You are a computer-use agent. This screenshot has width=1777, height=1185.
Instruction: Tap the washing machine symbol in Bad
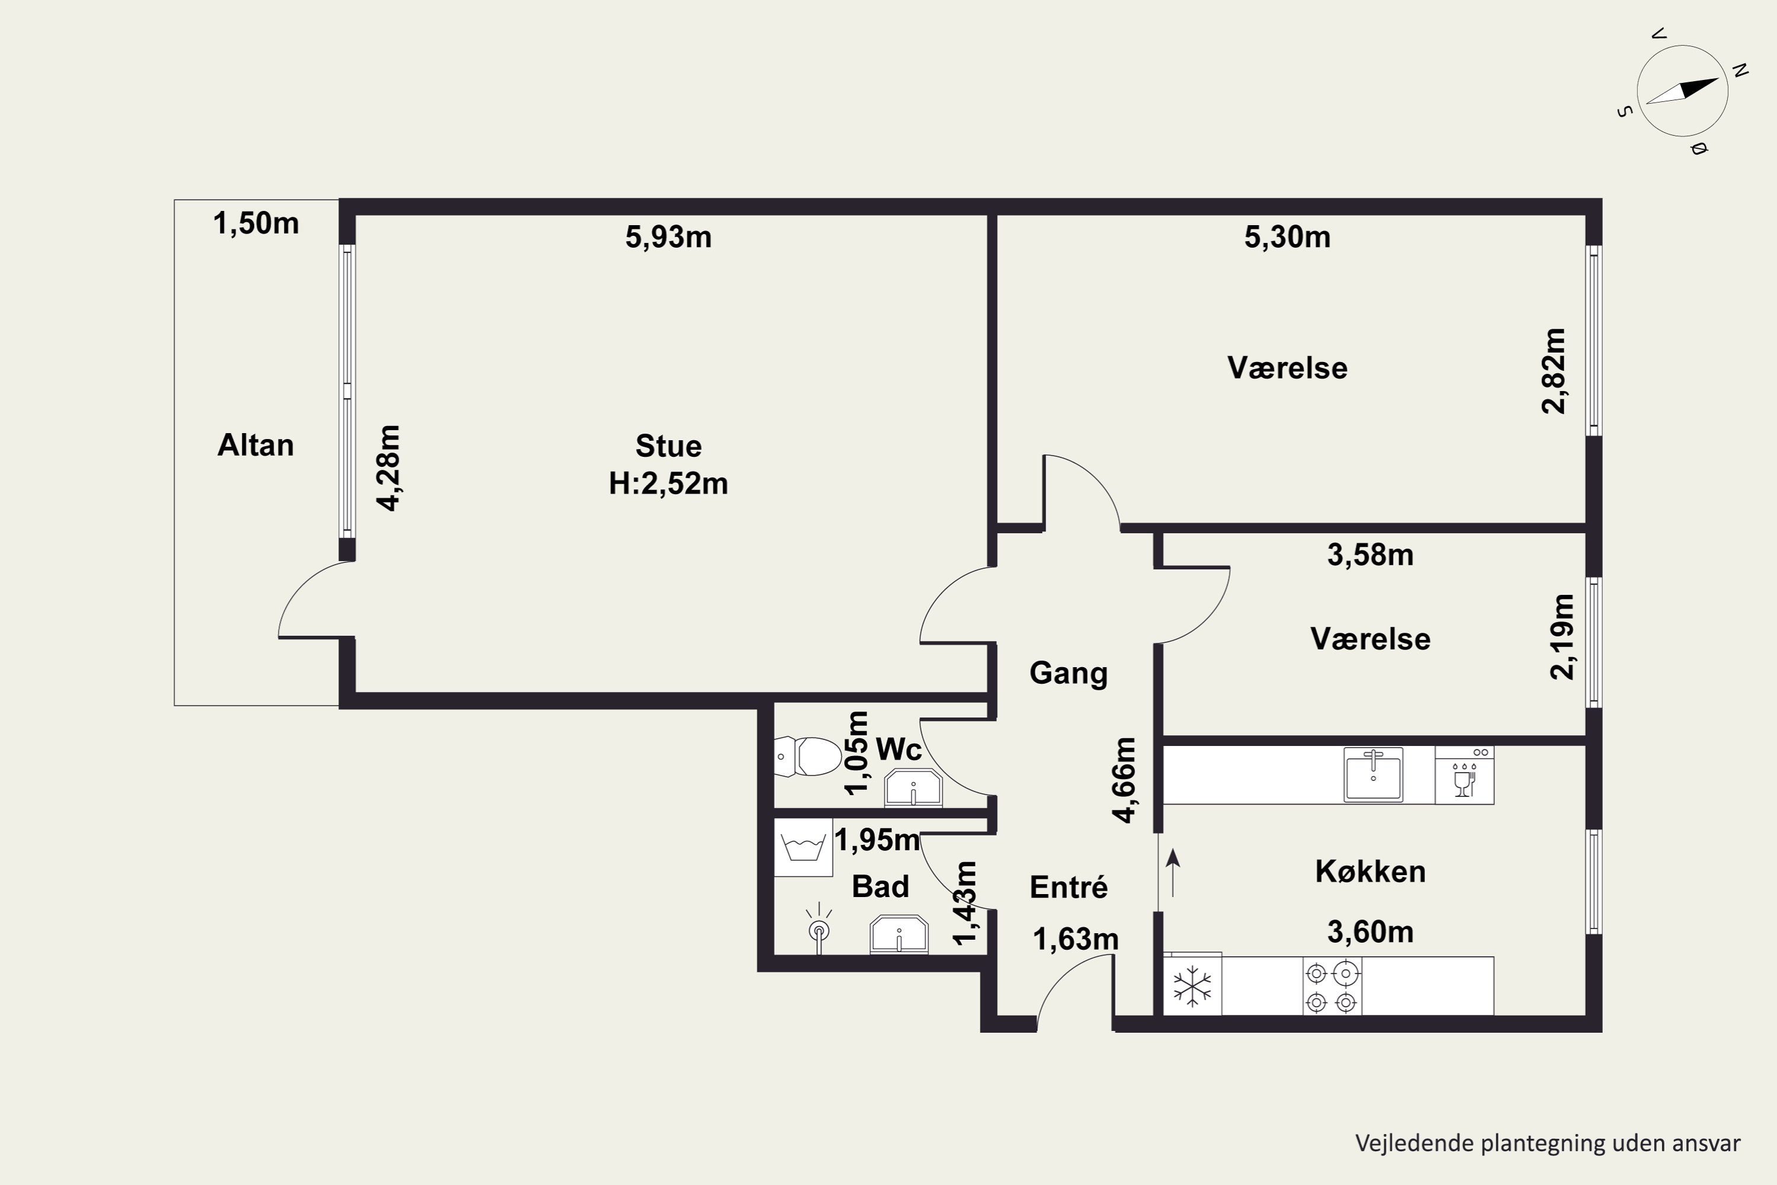[803, 847]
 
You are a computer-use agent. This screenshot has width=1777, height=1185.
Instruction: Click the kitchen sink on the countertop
[1373, 774]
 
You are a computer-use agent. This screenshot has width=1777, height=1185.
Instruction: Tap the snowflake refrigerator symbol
[1192, 985]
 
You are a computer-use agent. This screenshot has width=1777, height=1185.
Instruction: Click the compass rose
[1683, 91]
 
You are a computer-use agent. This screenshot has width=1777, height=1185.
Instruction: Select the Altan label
[255, 445]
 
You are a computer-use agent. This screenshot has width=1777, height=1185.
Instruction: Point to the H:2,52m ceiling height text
[668, 483]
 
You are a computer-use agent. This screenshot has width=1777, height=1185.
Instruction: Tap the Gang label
[1069, 673]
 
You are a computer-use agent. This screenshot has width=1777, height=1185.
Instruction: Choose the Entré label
[1069, 886]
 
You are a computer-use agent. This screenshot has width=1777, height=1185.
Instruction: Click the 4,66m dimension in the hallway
[1124, 780]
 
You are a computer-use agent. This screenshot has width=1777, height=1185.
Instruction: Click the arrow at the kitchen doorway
[1173, 873]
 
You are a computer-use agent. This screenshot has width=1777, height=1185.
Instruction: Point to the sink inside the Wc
[913, 787]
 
